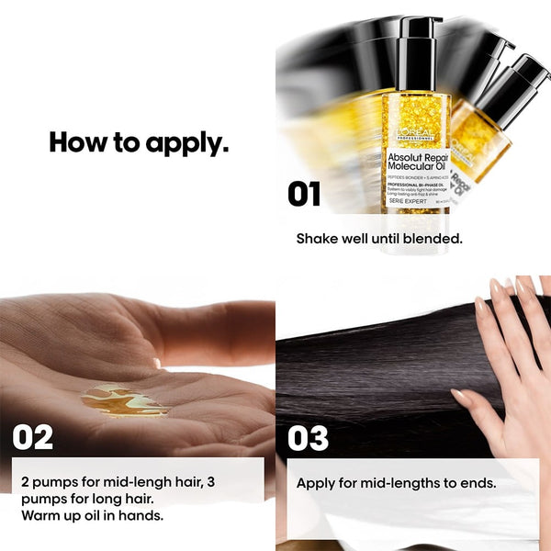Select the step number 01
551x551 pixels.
(305, 194)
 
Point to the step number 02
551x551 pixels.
(33, 437)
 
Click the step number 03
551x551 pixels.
(309, 438)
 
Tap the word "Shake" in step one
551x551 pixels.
(318, 238)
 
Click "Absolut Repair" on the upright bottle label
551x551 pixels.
(416, 157)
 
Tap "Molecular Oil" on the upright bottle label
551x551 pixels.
(414, 169)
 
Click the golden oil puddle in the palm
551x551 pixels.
(124, 400)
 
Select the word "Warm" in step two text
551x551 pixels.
(39, 514)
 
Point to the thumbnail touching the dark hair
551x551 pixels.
(458, 397)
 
